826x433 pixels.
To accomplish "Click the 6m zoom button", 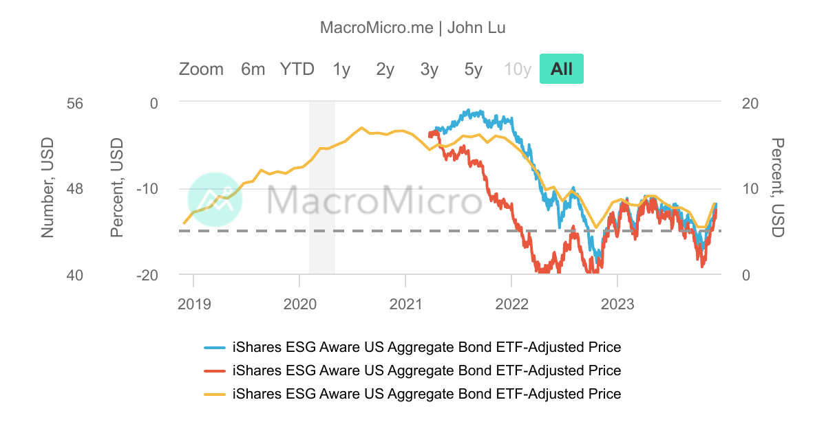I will pos(253,69).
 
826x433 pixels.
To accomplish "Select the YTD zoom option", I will pos(297,69).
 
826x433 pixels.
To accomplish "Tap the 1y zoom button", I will pos(341,69).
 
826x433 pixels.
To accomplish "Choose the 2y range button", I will pos(385,69).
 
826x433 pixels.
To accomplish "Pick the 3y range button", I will pos(430,69).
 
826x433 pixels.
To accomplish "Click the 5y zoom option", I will pos(474,69).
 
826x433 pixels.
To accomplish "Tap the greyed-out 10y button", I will pos(518,69).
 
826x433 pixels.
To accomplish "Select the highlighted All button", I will pos(562,69).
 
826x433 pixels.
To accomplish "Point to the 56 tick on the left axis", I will pos(74,104).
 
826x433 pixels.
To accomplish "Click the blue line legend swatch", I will pos(215,347).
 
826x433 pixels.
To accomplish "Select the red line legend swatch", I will pos(215,371).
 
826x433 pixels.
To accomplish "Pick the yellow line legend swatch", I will pos(215,395).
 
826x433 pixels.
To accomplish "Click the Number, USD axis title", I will pos(47,188).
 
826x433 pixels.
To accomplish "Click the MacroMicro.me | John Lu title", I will pos(413,28).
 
